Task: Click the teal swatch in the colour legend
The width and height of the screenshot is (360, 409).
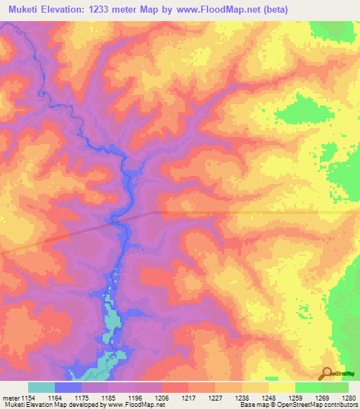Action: pyautogui.click(x=41, y=387)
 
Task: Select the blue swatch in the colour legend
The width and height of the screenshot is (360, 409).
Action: pyautogui.click(x=68, y=387)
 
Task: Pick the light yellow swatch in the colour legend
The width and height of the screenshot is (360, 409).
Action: pyautogui.click(x=281, y=387)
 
